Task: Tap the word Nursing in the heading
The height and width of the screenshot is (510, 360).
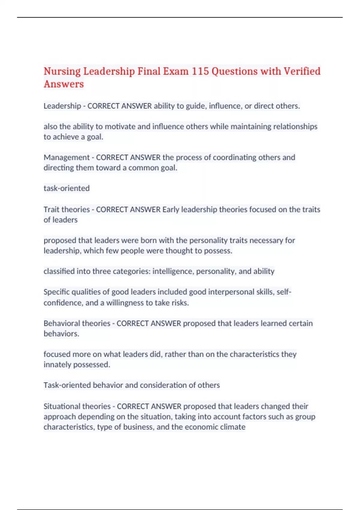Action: (x=62, y=71)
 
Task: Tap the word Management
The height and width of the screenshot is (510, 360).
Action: (x=67, y=157)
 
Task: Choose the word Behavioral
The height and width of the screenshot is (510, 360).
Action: (x=62, y=323)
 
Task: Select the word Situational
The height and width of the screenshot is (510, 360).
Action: (x=61, y=406)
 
